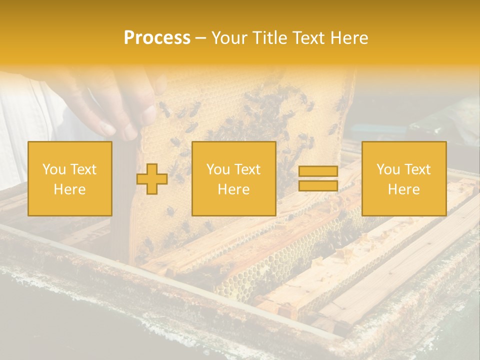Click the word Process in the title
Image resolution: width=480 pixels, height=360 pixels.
157,38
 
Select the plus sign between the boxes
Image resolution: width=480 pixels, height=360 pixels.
152,179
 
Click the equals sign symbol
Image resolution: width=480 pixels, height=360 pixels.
318,178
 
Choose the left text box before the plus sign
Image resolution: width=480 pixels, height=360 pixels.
70,178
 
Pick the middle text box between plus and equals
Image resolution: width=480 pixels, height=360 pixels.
233,178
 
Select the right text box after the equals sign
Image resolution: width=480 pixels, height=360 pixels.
404,178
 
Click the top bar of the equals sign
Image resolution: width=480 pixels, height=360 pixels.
318,171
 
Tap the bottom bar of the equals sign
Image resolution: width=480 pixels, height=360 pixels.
318,185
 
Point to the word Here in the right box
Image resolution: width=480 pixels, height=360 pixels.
404,189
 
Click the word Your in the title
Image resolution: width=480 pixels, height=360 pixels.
228,38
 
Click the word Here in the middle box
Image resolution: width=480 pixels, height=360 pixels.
233,189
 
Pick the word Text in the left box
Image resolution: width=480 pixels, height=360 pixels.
83,169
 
